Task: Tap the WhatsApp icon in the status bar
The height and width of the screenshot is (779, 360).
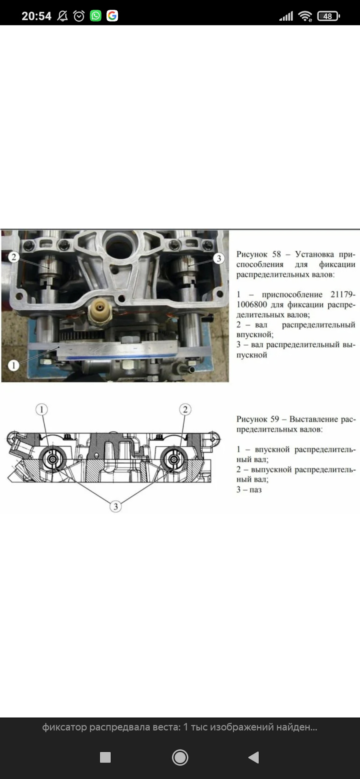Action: pyautogui.click(x=96, y=16)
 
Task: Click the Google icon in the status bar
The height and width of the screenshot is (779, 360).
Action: pyautogui.click(x=112, y=16)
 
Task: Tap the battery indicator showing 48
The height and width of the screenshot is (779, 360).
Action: pyautogui.click(x=328, y=16)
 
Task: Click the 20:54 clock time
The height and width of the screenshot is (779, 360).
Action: pyautogui.click(x=37, y=16)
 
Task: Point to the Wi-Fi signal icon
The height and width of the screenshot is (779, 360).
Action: pyautogui.click(x=305, y=16)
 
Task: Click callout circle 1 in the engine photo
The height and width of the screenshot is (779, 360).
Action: pyautogui.click(x=14, y=365)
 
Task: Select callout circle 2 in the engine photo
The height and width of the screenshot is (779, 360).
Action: pyautogui.click(x=14, y=257)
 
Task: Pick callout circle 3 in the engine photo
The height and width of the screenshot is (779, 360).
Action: pyautogui.click(x=219, y=258)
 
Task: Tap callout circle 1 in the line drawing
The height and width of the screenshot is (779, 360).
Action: pyautogui.click(x=41, y=409)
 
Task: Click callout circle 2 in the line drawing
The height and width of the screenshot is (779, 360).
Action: pyautogui.click(x=185, y=409)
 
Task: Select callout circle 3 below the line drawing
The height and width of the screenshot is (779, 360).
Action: pyautogui.click(x=116, y=506)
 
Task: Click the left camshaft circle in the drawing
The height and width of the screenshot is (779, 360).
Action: pyautogui.click(x=53, y=459)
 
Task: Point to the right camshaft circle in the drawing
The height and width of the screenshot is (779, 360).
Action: pyautogui.click(x=174, y=459)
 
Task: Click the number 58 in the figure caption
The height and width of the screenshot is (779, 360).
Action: pyautogui.click(x=276, y=254)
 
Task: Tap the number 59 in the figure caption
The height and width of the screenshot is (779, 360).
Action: pyautogui.click(x=275, y=419)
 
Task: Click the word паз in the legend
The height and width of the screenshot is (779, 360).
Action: pyautogui.click(x=256, y=490)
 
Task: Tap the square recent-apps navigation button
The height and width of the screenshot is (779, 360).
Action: pyautogui.click(x=105, y=757)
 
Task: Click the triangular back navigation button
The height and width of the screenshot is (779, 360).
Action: pyautogui.click(x=254, y=757)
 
